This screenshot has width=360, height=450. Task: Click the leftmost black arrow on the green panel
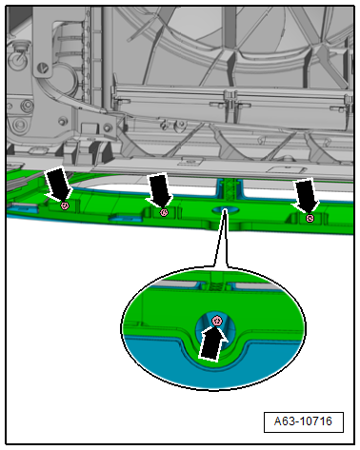point(58,184)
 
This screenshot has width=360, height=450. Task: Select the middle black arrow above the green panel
point(159,189)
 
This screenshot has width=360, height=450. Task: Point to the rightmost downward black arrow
point(306,195)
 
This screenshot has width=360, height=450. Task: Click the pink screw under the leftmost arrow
point(65,205)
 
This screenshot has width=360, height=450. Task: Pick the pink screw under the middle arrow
point(164,212)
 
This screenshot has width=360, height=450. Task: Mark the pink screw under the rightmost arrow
point(310,218)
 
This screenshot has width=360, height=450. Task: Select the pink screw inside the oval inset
point(217,321)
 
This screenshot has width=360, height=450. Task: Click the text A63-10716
point(303,421)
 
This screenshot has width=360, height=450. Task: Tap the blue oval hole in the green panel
point(225,209)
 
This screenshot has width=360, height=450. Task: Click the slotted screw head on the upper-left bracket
point(42,68)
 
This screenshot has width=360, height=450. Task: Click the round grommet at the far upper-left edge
point(16,60)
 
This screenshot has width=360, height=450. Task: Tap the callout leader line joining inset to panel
point(221,238)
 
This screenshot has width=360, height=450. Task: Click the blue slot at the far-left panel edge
point(22,208)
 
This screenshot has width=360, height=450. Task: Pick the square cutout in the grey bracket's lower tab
point(89,127)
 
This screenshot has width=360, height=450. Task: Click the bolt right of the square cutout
point(109,127)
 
